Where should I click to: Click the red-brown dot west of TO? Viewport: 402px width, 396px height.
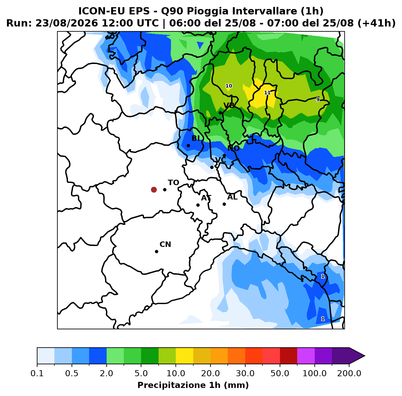click(x=154, y=190)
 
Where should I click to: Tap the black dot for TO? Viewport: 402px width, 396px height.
click(x=165, y=190)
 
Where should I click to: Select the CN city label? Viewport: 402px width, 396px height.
click(x=165, y=244)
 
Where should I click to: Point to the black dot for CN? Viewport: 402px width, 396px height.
click(x=156, y=251)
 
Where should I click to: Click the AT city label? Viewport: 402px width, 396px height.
click(x=206, y=198)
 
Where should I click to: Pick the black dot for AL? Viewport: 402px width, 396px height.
click(x=224, y=204)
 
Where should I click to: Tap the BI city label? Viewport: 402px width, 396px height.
click(x=195, y=138)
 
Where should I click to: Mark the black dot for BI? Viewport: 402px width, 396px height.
click(x=188, y=145)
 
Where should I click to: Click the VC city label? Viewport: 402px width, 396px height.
click(x=220, y=160)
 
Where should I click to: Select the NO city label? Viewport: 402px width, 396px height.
click(x=233, y=148)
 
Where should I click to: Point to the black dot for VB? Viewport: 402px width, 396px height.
click(x=220, y=113)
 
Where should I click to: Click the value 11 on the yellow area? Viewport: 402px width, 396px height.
click(x=267, y=93)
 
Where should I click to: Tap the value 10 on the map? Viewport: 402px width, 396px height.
click(x=229, y=86)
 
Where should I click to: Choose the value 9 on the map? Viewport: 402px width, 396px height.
click(x=318, y=99)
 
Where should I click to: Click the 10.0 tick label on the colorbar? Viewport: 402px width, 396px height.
click(x=176, y=373)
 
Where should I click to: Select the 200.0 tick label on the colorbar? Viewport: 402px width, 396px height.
click(x=349, y=373)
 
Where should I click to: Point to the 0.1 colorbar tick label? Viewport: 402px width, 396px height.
click(x=37, y=373)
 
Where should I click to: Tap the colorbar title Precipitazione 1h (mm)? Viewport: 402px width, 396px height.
click(x=193, y=385)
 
